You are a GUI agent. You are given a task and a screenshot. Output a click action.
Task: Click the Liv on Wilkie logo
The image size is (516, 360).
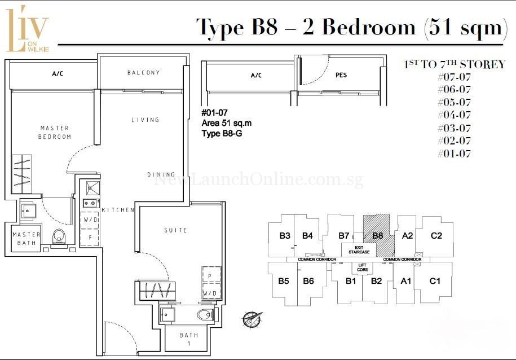[x=27, y=29]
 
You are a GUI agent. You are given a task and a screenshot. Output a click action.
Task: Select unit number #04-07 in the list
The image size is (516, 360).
[x=454, y=115]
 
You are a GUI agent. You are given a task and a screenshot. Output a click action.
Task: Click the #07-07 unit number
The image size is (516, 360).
[x=454, y=77]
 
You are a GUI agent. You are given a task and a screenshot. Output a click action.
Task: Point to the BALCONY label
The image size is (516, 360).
[x=143, y=72]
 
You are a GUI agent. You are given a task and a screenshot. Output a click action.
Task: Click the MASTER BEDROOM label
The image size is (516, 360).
[x=55, y=132]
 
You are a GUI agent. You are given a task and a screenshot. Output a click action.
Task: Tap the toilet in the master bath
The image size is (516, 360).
[x=59, y=237]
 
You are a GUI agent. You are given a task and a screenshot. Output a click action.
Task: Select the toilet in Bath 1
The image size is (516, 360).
[x=205, y=314]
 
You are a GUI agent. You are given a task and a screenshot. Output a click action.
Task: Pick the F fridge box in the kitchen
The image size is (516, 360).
[x=90, y=237]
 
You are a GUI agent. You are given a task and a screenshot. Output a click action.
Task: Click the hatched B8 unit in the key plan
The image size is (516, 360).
[x=378, y=235]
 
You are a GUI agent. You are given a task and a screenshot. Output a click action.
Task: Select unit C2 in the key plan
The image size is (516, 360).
[x=436, y=236]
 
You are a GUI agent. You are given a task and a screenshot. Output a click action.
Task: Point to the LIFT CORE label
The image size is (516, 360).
[x=362, y=267]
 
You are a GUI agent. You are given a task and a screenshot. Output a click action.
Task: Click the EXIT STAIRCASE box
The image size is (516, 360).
[x=359, y=249]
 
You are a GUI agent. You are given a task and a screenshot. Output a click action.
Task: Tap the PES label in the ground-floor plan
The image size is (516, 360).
[x=341, y=75]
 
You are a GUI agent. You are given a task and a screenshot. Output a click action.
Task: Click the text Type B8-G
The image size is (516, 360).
[x=222, y=133]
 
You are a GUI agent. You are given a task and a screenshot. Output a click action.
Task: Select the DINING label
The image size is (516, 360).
[x=161, y=174]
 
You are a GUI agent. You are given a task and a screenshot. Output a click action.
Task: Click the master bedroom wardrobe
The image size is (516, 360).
[x=22, y=174]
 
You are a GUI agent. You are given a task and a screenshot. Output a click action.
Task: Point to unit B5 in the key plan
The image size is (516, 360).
[x=283, y=281]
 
